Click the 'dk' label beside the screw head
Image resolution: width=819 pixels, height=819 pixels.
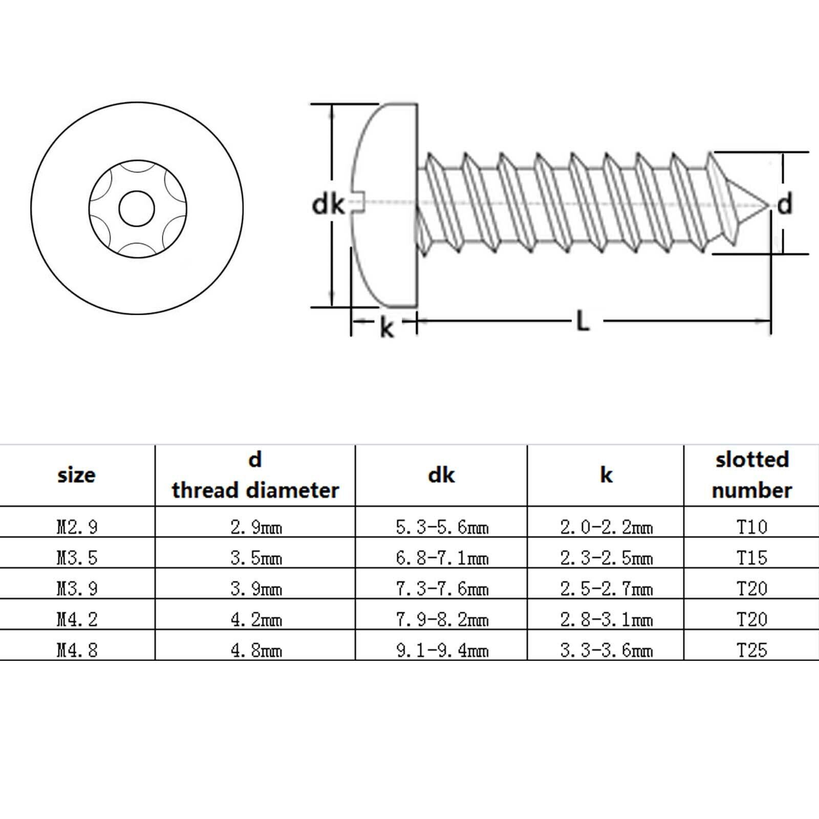pyautogui.click(x=328, y=205)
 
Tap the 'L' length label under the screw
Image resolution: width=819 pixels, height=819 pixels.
pyautogui.click(x=583, y=321)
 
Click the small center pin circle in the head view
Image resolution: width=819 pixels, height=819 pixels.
pyautogui.click(x=137, y=209)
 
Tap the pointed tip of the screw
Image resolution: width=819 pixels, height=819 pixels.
pyautogui.click(x=770, y=204)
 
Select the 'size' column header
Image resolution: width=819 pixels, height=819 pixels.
pyautogui.click(x=76, y=476)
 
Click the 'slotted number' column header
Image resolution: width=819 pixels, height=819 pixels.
pyautogui.click(x=751, y=475)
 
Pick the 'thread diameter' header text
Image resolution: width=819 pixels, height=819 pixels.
pyautogui.click(x=255, y=490)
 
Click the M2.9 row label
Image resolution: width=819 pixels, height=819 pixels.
pyautogui.click(x=77, y=527)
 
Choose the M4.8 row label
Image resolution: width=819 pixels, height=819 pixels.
pyautogui.click(x=77, y=650)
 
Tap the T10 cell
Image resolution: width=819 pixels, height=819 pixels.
pyautogui.click(x=752, y=526)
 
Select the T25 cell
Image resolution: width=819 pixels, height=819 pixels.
pyautogui.click(x=752, y=650)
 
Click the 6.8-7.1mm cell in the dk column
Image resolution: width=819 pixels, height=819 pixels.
pyautogui.click(x=442, y=557)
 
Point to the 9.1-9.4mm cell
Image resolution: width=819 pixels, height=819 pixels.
pyautogui.click(x=442, y=650)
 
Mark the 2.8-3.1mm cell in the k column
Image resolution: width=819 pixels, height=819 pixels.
pyautogui.click(x=607, y=619)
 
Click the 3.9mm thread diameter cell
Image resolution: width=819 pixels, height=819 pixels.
pyautogui.click(x=256, y=589)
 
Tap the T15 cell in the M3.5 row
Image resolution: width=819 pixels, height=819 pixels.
pyautogui.click(x=752, y=557)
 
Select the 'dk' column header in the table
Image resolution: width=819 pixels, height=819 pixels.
pyautogui.click(x=441, y=475)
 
